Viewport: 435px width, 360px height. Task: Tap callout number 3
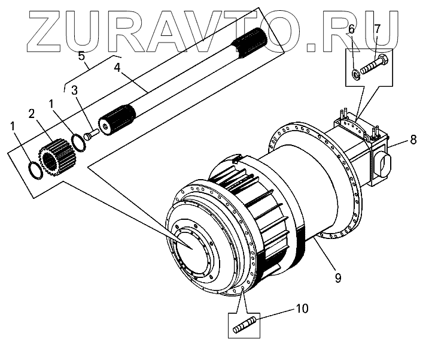click(75, 90)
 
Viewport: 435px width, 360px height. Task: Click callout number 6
click(351, 28)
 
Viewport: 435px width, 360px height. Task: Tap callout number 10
click(303, 309)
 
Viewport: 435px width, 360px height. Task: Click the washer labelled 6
click(356, 74)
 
